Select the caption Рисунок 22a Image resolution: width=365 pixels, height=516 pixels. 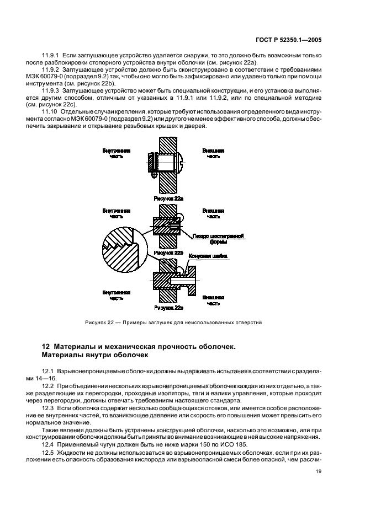pyautogui.click(x=168, y=197)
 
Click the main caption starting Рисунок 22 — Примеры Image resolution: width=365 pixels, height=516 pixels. pyautogui.click(x=173, y=322)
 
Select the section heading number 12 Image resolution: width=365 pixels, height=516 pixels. pyautogui.click(x=46, y=346)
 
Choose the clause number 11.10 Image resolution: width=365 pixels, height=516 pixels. pyautogui.click(x=51, y=112)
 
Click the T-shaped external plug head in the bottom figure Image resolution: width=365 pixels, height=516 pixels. pyautogui.click(x=190, y=279)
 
